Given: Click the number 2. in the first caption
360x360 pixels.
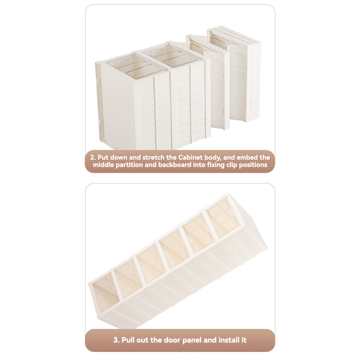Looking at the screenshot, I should (93, 157).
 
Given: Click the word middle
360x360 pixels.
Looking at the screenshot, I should (105, 166).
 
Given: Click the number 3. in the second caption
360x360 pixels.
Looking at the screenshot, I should (116, 340).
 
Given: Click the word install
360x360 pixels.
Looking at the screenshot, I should (228, 340).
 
